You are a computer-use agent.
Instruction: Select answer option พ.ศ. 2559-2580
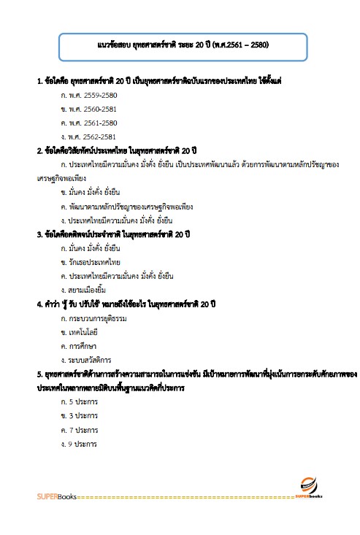tap(89, 95)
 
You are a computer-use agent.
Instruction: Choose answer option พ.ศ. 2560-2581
tap(89, 109)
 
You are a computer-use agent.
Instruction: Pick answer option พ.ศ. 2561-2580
tap(89, 123)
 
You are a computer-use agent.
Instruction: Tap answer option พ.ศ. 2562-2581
tap(89, 136)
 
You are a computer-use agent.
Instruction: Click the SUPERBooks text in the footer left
tap(51, 497)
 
